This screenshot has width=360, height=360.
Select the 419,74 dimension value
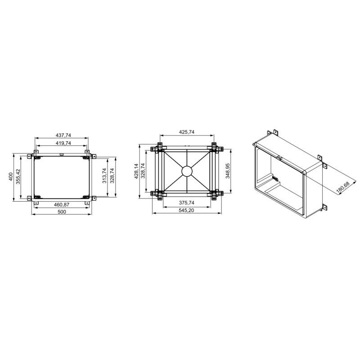pos(63,143)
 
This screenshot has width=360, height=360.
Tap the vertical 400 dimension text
pos(11,176)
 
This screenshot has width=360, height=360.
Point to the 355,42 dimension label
pos(18,176)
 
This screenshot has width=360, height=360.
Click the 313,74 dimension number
pos(104,175)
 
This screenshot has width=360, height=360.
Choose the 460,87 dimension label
pos(62,205)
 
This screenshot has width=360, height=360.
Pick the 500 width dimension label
pos(62,211)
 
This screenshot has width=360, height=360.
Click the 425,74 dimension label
pos(187,132)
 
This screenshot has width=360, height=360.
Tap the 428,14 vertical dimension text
pos(136,171)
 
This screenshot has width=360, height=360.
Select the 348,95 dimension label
pos(228,171)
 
